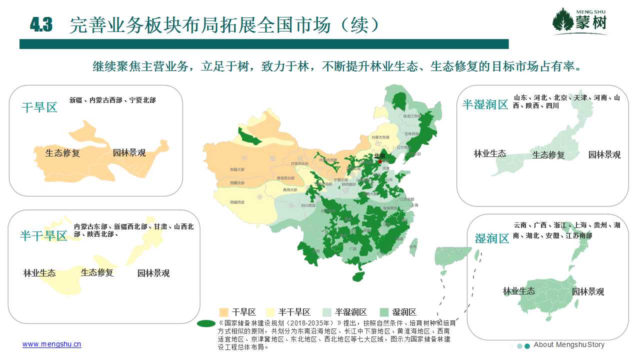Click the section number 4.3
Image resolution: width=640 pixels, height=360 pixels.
click(x=41, y=25)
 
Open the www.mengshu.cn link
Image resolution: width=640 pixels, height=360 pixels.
click(x=51, y=344)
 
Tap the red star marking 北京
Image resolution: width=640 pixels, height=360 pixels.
click(x=380, y=161)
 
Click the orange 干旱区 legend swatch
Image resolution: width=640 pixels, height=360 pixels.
click(x=224, y=312)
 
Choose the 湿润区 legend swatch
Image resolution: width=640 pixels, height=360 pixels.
click(x=384, y=312)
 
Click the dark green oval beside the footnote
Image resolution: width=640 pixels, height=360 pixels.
click(x=206, y=323)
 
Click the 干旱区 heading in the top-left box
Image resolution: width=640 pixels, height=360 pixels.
click(x=39, y=107)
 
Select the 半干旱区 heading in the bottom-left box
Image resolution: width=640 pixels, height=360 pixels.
click(x=43, y=236)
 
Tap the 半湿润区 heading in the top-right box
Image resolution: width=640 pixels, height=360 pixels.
click(x=485, y=104)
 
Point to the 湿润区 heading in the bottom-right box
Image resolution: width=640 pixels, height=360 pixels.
click(x=491, y=238)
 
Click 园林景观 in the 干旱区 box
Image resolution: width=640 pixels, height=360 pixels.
click(x=129, y=153)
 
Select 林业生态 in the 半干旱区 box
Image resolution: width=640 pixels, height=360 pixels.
click(x=39, y=273)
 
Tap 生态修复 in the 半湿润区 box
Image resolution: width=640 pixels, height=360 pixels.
click(x=548, y=155)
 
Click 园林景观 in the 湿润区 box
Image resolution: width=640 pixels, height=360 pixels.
click(x=588, y=291)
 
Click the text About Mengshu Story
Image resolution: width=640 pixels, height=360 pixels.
click(x=569, y=345)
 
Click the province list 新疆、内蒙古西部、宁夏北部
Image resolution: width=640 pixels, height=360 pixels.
click(x=112, y=100)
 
